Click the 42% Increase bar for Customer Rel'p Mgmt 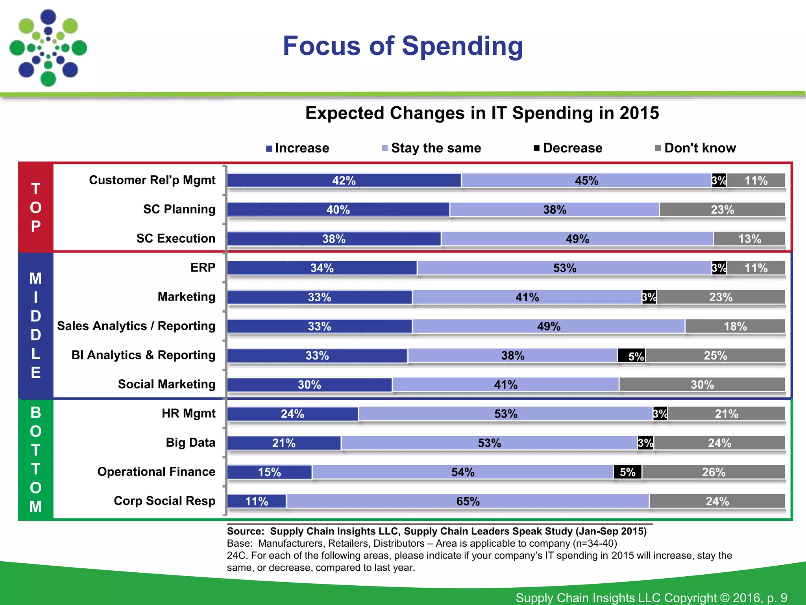(344, 180)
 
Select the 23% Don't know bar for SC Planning (722, 210)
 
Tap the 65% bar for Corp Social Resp (468, 501)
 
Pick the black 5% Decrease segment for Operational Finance (628, 472)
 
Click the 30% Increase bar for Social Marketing (310, 385)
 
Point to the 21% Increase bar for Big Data (284, 443)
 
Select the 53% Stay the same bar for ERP (564, 268)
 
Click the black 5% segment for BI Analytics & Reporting (632, 356)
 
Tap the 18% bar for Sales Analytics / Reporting (735, 327)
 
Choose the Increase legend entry (298, 148)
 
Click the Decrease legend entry (568, 148)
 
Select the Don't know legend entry (696, 148)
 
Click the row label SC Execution (176, 238)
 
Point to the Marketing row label (187, 297)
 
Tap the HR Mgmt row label (189, 413)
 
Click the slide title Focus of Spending (403, 46)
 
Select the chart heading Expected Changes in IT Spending (482, 113)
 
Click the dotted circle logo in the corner (48, 48)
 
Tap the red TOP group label (36, 207)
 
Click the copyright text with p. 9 (651, 598)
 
